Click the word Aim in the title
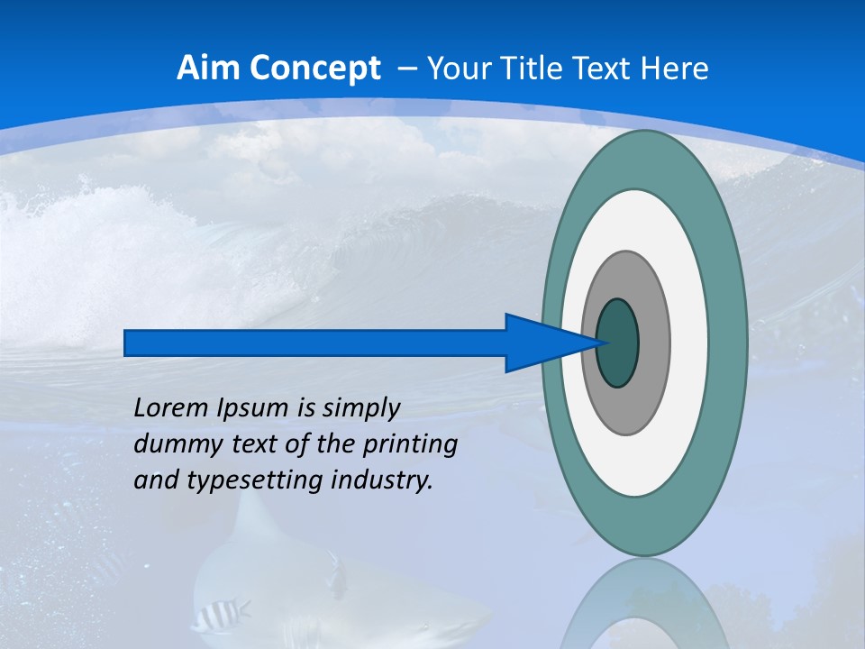(x=204, y=69)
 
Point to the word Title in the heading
(x=534, y=69)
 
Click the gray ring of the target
(x=653, y=343)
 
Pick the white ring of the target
(x=689, y=343)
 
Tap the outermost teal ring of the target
(x=730, y=343)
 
